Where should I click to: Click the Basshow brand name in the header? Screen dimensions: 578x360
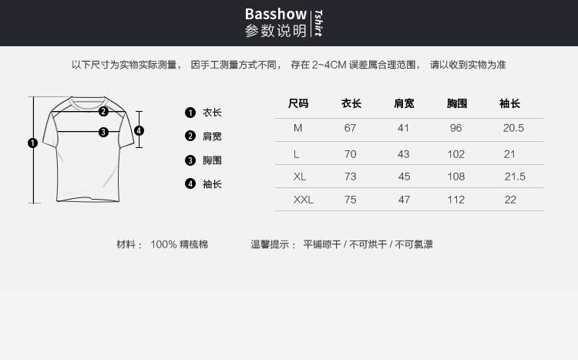click(275, 14)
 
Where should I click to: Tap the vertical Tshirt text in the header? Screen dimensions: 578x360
click(318, 24)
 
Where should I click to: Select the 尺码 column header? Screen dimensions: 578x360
click(298, 103)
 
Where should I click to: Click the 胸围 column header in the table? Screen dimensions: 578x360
click(457, 103)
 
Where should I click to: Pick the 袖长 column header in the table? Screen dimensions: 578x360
click(509, 103)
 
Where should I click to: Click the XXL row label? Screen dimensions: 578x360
click(304, 200)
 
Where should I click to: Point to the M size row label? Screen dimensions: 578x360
click(298, 128)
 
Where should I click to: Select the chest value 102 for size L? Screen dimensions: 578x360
click(456, 154)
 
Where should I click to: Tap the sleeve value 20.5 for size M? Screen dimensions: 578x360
click(513, 128)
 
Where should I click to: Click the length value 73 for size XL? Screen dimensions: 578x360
click(351, 177)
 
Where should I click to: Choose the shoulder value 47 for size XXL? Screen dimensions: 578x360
click(404, 200)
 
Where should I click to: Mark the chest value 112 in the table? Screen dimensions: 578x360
click(456, 200)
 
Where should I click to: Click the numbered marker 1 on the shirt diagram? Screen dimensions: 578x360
click(32, 143)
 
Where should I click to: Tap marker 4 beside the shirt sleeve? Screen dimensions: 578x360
click(139, 130)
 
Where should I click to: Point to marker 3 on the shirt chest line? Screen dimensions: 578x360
click(103, 132)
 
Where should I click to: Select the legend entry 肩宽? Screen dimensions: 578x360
click(212, 136)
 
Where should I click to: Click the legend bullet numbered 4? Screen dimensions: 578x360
click(190, 183)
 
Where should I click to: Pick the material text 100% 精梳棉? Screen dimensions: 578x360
click(179, 244)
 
